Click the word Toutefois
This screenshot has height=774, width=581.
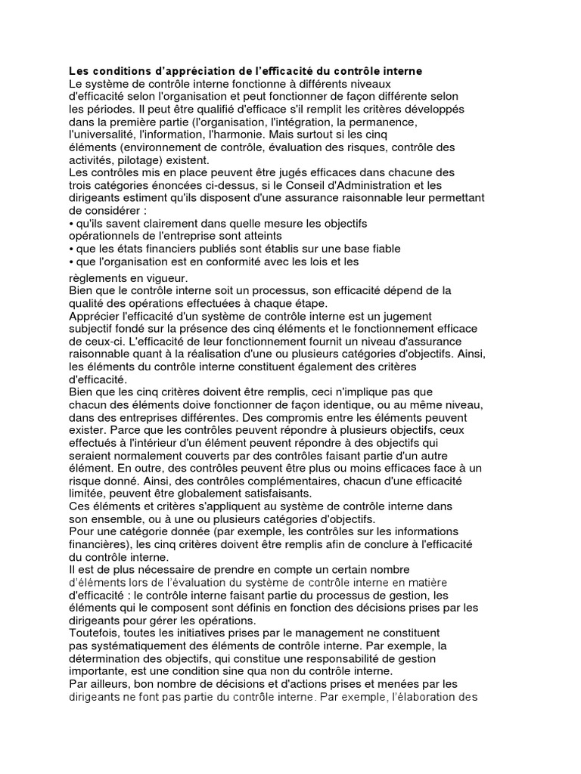pyautogui.click(x=95, y=632)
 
